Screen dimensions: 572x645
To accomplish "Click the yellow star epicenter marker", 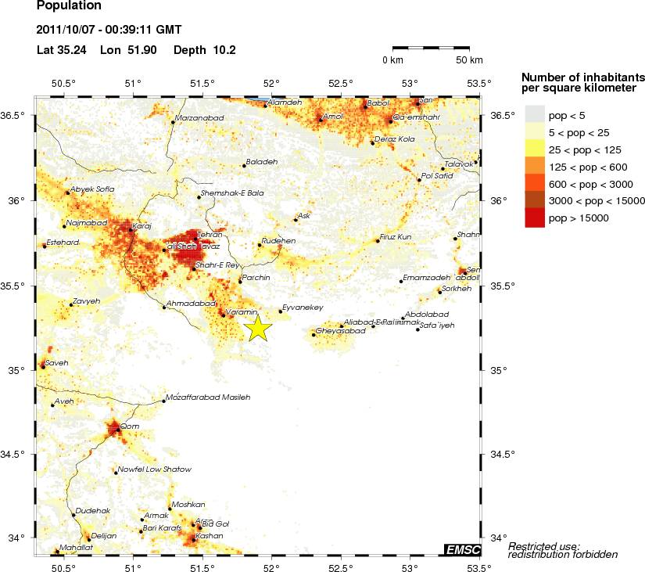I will pos(258,329).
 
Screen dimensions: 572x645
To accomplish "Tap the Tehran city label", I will pos(210,235).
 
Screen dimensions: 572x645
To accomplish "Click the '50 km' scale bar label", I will pos(469,60).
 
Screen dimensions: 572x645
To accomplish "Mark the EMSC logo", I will pos(462,549).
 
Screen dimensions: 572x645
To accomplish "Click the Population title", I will pos(69,5).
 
